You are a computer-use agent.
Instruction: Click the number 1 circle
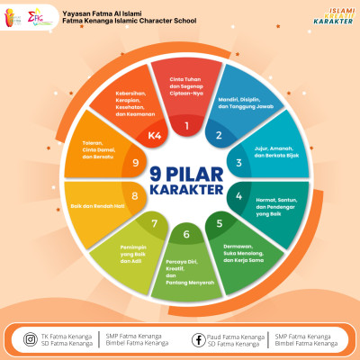(x=186, y=125)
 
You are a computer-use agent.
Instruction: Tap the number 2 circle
(x=218, y=136)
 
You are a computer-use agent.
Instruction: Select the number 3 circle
(x=238, y=163)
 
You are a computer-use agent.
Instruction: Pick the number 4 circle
(x=238, y=196)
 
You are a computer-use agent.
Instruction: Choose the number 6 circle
(x=186, y=235)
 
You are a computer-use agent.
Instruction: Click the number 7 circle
(x=154, y=223)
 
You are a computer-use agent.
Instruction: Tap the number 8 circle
(x=135, y=196)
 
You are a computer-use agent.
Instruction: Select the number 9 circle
(x=134, y=163)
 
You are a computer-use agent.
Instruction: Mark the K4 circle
(x=155, y=136)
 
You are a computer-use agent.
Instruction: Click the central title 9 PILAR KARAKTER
(x=186, y=179)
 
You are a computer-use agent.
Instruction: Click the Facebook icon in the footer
(x=198, y=339)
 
